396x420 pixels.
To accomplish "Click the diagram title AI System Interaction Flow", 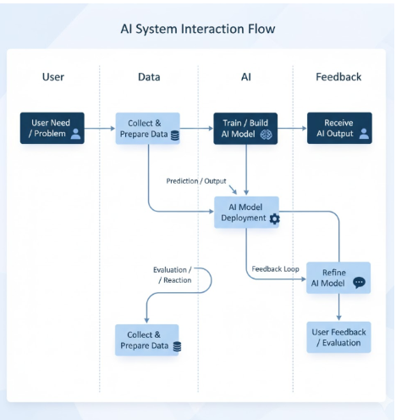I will point(197,30).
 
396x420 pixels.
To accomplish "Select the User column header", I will point(52,77).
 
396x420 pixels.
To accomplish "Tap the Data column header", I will point(149,77).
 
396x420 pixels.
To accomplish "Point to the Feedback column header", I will point(338,77).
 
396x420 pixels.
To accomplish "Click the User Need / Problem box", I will point(52,128).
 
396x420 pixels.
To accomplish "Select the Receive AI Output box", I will point(338,128).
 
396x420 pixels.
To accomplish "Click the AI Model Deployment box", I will point(246,212).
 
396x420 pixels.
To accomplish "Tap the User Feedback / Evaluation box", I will point(338,337).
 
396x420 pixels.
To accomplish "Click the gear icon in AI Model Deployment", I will point(274,218).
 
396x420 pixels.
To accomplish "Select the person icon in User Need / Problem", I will point(75,134).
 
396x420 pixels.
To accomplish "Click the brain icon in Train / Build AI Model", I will point(266,134).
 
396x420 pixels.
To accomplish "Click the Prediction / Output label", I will point(195,180).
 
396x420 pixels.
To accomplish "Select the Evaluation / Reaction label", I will point(173,274).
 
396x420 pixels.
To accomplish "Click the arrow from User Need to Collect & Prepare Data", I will point(100,129).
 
